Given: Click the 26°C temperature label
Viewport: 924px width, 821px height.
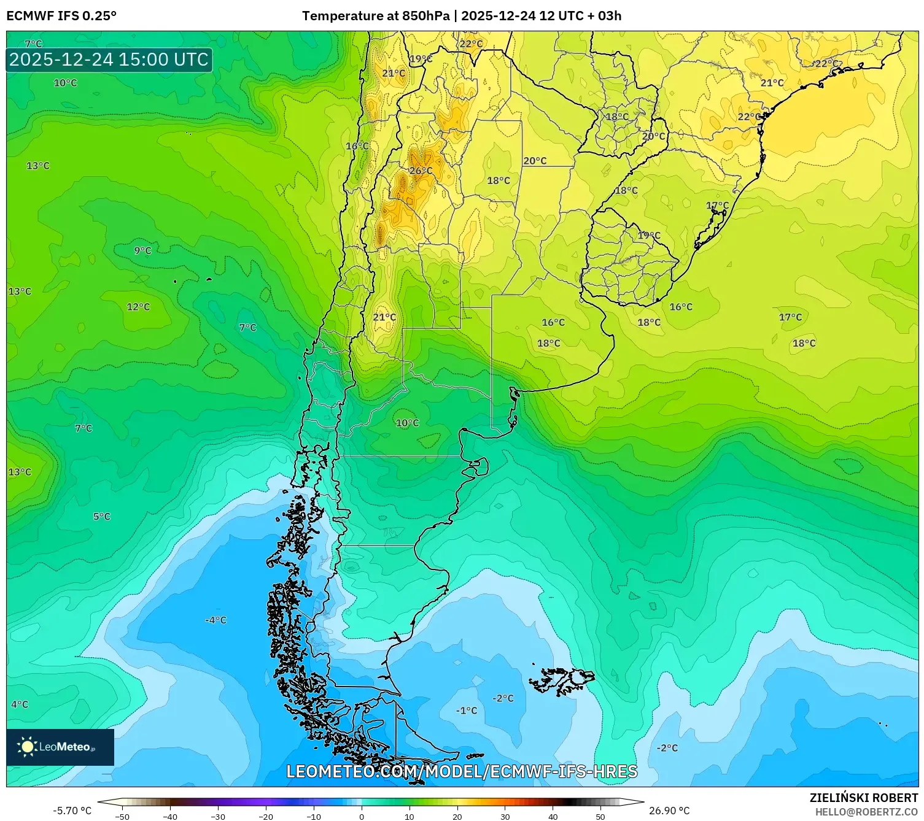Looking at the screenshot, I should point(421,171).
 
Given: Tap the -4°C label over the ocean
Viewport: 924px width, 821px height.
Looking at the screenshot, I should point(215,620).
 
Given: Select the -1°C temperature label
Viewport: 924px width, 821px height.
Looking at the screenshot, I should point(467,711).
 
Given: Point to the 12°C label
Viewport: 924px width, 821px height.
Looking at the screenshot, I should point(138,307).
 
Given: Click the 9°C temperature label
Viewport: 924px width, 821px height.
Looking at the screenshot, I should point(142,250).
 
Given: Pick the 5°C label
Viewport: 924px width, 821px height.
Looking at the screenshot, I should point(102,517).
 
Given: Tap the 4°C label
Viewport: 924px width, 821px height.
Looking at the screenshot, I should point(20,704).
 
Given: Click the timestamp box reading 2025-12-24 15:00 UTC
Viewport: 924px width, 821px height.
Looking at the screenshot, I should point(109,60).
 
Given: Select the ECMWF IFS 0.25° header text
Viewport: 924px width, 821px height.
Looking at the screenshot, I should point(61,16).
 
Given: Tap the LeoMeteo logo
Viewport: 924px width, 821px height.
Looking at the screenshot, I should point(60,747).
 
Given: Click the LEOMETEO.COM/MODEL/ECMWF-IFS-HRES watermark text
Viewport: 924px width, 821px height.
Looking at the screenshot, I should point(462,771).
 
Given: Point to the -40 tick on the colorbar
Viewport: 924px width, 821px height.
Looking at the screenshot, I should point(170,816).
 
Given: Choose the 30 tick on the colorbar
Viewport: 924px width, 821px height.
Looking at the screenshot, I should point(505,816).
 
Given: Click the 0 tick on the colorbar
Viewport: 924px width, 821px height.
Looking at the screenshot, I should point(361,816).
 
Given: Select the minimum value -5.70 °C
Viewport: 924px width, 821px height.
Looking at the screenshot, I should point(72,811).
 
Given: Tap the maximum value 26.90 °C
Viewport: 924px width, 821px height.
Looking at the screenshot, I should point(669,811).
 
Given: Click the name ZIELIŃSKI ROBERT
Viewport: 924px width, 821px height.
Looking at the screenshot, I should point(863,798).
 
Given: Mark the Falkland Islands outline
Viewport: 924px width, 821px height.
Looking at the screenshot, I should point(562,680).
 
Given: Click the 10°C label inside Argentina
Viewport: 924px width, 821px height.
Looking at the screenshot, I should point(407,423).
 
